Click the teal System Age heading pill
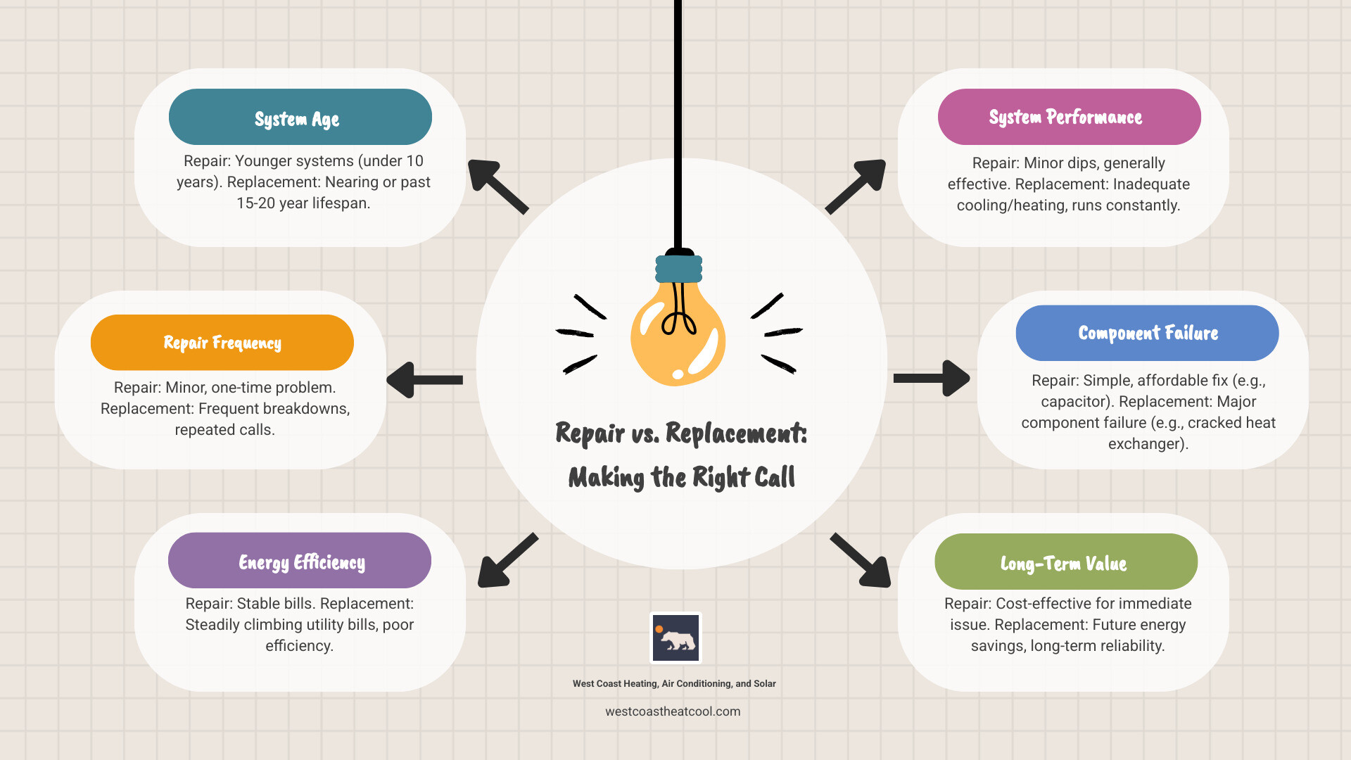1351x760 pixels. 300,117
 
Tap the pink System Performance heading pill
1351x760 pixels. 1069,117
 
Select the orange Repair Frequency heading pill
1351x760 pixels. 222,343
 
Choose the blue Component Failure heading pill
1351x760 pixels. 1147,333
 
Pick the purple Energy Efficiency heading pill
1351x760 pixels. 299,561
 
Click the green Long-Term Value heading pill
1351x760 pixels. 1065,562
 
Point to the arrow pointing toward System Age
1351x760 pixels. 497,186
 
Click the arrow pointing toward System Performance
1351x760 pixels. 856,186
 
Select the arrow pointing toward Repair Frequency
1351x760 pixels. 424,380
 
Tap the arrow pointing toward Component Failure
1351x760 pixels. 932,379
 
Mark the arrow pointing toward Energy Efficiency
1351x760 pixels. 507,561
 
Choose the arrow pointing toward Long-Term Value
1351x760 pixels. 861,561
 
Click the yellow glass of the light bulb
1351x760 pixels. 677,338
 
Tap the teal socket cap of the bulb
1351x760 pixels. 679,269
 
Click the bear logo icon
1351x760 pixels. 675,638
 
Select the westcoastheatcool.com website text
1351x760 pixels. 673,711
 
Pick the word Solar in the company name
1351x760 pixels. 765,684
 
